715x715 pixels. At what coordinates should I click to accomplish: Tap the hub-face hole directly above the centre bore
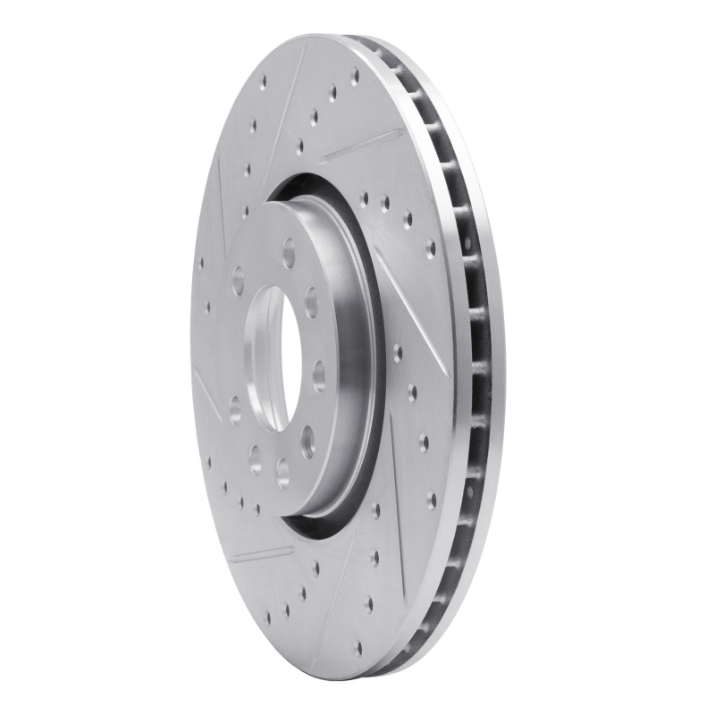pos(289,254)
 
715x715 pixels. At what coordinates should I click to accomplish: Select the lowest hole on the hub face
pos(282,471)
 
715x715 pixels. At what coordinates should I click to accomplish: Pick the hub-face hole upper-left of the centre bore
pos(238,281)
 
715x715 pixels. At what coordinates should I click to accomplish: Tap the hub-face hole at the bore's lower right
pos(307,438)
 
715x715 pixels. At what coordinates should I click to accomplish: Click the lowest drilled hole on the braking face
pos(357,648)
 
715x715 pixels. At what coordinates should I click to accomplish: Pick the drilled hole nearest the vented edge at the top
pos(354,75)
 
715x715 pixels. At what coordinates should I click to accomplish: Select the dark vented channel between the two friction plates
pos(474,357)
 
